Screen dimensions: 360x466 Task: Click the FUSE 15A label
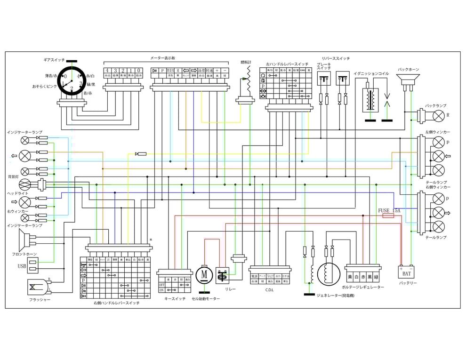389,210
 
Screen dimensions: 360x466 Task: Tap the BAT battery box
406,272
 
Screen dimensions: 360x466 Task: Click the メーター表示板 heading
162,58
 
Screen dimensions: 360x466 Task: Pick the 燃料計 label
246,62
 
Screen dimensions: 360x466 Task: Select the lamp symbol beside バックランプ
438,115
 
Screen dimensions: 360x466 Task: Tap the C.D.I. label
269,289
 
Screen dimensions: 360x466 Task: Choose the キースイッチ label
175,299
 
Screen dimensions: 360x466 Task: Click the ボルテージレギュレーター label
362,287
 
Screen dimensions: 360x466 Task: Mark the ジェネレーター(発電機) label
335,296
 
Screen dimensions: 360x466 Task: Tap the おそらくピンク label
45,87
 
